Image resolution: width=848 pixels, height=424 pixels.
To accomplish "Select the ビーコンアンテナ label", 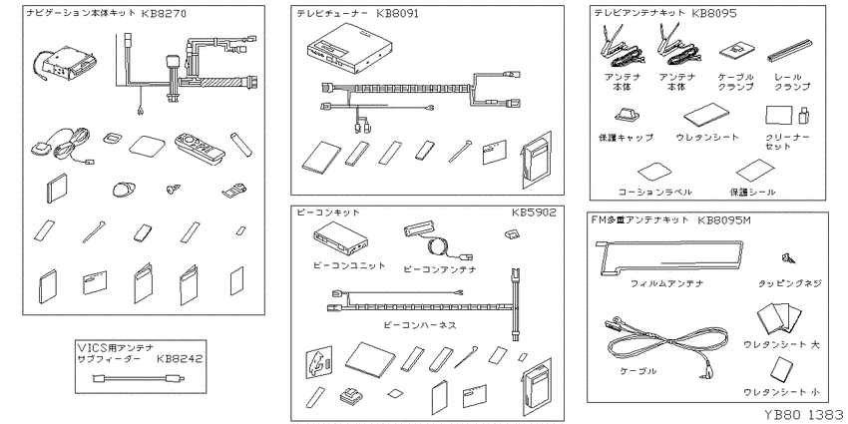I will [439, 268].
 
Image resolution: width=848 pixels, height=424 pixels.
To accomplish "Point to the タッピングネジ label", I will [787, 283].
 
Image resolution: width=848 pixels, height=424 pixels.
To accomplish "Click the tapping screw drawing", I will [787, 259].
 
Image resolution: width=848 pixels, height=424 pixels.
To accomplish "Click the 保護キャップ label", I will [627, 137].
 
